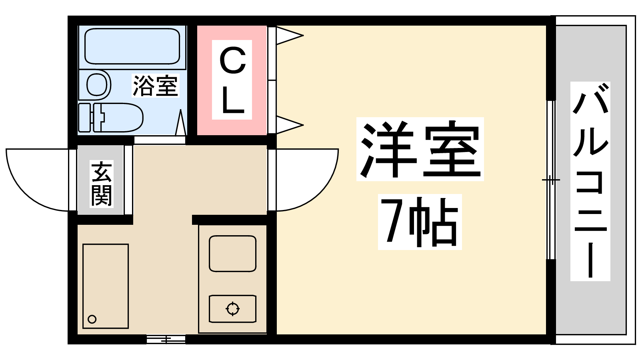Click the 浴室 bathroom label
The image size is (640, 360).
(x=156, y=86)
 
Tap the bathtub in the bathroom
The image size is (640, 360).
(x=132, y=46)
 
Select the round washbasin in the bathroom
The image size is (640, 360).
(x=98, y=84)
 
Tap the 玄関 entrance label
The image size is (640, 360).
(x=102, y=184)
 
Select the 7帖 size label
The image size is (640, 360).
(x=420, y=222)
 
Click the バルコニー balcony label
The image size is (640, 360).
(x=590, y=182)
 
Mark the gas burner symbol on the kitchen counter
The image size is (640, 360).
(x=232, y=308)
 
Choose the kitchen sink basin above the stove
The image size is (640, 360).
(x=232, y=254)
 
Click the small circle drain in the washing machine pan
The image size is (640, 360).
(x=92, y=319)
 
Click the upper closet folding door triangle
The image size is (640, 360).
(x=289, y=36)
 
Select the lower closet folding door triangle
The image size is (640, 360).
(x=289, y=125)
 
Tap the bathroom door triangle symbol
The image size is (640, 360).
(x=180, y=122)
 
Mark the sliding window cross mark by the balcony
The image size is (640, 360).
(x=551, y=180)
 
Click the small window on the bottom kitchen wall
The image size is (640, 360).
(x=166, y=340)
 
